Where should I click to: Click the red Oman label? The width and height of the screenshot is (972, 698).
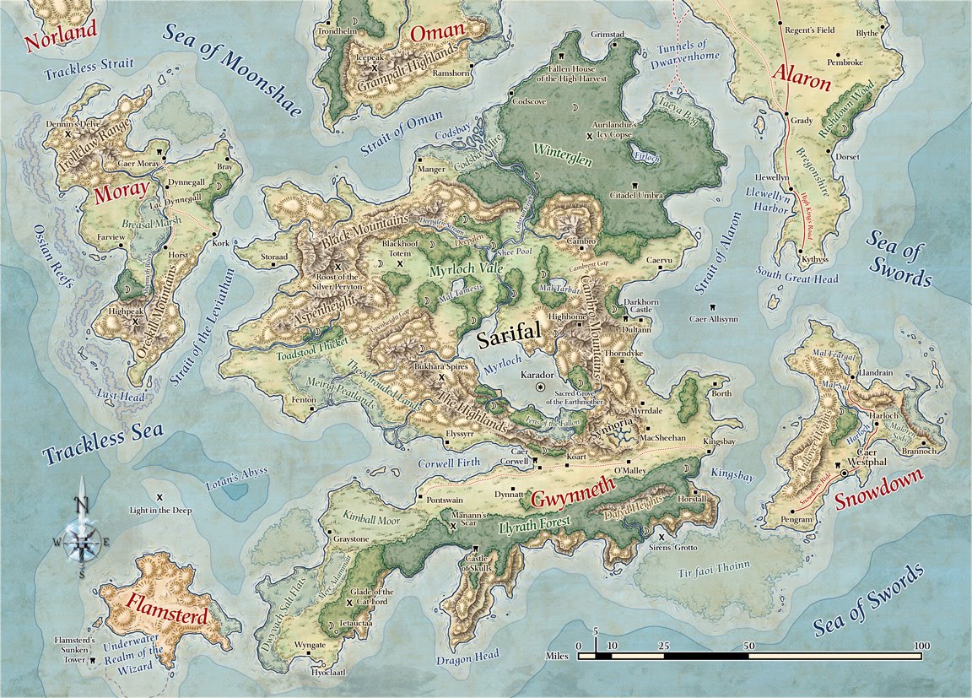[x=437, y=32]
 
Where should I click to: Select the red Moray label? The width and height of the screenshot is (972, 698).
[x=121, y=192]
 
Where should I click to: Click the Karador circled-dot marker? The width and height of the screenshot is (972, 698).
[x=541, y=387]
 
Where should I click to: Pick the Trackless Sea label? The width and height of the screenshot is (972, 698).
[x=103, y=443]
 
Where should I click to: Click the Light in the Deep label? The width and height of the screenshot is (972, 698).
[x=160, y=511]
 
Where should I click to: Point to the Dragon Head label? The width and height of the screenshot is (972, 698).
[x=469, y=655]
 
